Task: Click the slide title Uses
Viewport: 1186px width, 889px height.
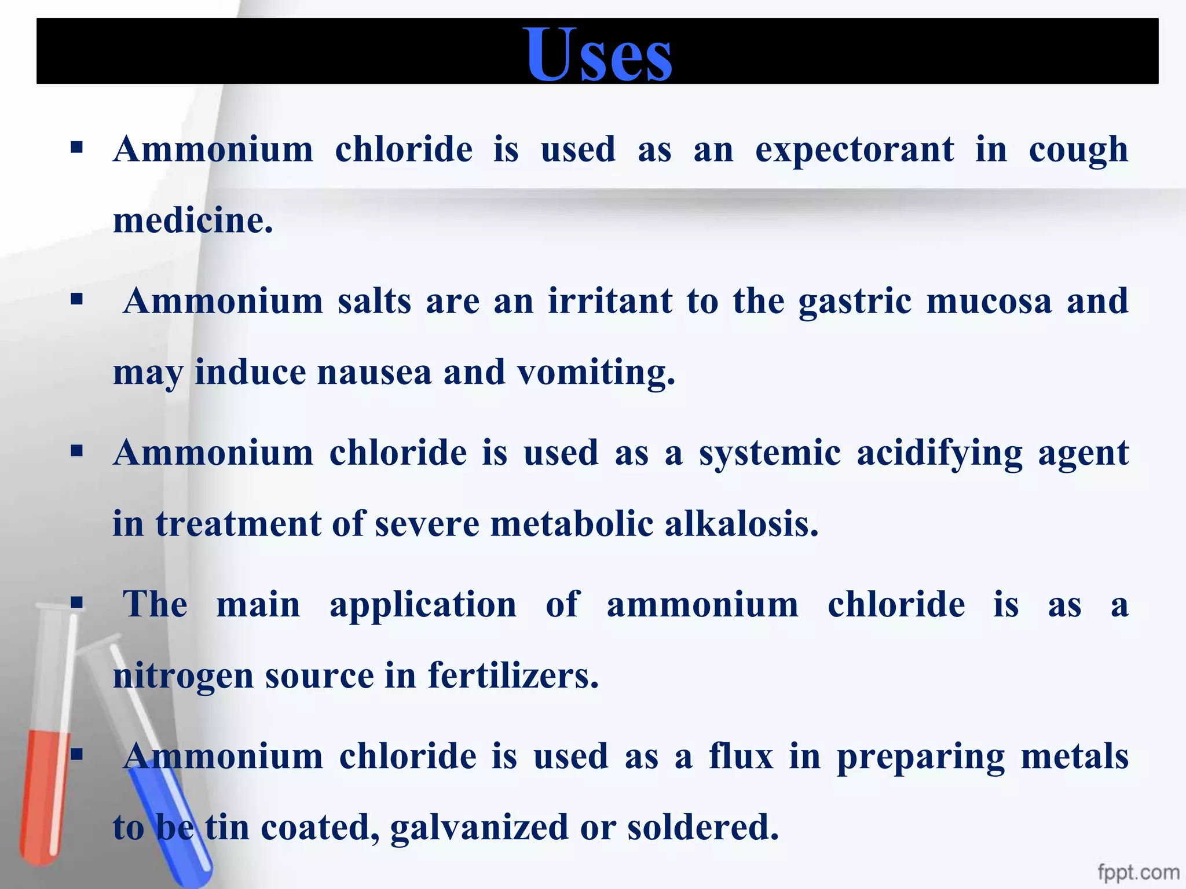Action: point(599,54)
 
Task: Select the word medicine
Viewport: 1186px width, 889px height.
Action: point(192,221)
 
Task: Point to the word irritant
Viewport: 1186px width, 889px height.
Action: point(610,301)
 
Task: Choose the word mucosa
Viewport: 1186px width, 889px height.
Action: point(989,302)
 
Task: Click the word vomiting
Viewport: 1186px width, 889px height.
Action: point(596,372)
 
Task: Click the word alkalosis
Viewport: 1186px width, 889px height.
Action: point(741,524)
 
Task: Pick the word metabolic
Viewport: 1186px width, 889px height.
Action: point(572,524)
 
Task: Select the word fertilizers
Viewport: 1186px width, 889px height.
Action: point(513,675)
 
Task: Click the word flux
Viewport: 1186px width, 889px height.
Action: point(741,756)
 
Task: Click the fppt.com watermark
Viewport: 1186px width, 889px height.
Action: point(1138,872)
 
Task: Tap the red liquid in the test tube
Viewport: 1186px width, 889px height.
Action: point(43,793)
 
